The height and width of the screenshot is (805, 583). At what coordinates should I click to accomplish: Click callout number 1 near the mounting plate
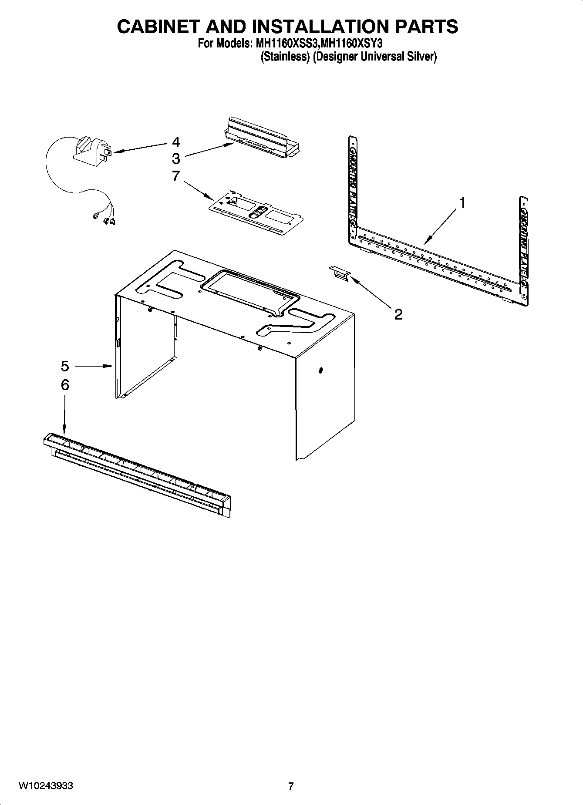coord(462,203)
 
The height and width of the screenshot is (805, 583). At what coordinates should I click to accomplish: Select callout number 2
coord(398,314)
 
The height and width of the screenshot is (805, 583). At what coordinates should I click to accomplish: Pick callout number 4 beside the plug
coord(176,142)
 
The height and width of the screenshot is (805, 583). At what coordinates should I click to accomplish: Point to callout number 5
coord(65,366)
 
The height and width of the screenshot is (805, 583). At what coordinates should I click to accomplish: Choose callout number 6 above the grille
coord(65,385)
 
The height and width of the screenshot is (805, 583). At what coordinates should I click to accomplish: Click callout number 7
coord(176,176)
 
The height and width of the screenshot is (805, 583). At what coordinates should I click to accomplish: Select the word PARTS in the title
coord(427,27)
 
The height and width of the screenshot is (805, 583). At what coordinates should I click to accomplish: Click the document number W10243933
coord(46,786)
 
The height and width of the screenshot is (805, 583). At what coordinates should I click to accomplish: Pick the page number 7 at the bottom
coord(291,786)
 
